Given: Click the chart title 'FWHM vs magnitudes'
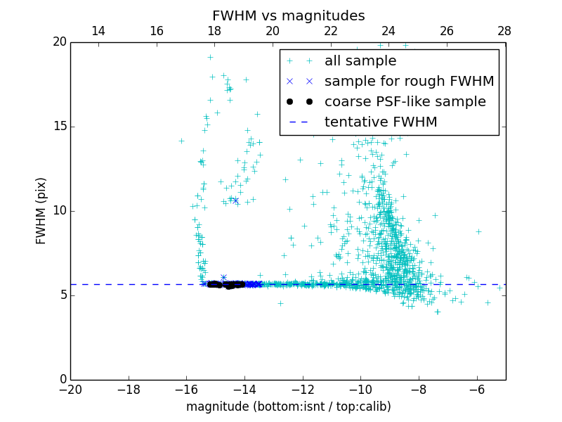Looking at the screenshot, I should pos(288,15).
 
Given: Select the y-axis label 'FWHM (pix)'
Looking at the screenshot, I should pos(41,211).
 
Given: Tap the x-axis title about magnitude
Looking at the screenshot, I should pos(288,407).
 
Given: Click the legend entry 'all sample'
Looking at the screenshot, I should pos(360,61).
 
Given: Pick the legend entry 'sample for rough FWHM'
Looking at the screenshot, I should pos(409,81).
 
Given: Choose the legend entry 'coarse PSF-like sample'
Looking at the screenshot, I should pos(405,101).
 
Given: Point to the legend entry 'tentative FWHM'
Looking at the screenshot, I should pos(381,122).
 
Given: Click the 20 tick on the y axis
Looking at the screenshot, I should pos(59,42).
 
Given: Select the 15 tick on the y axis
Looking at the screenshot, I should pos(59,127).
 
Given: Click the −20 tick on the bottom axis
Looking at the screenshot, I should pos(70,390).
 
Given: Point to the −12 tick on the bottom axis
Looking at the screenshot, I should pos(303,390).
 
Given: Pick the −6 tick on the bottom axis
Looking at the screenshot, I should pos(477,390).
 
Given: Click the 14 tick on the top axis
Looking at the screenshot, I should pos(98,31).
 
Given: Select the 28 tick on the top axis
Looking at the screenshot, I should pos(504,31).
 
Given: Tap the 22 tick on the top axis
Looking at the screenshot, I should pos(330,31).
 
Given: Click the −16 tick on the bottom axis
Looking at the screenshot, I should pos(186,390).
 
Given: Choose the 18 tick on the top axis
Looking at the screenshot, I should pos(214,31).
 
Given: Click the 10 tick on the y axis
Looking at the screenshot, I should pos(59,211).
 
